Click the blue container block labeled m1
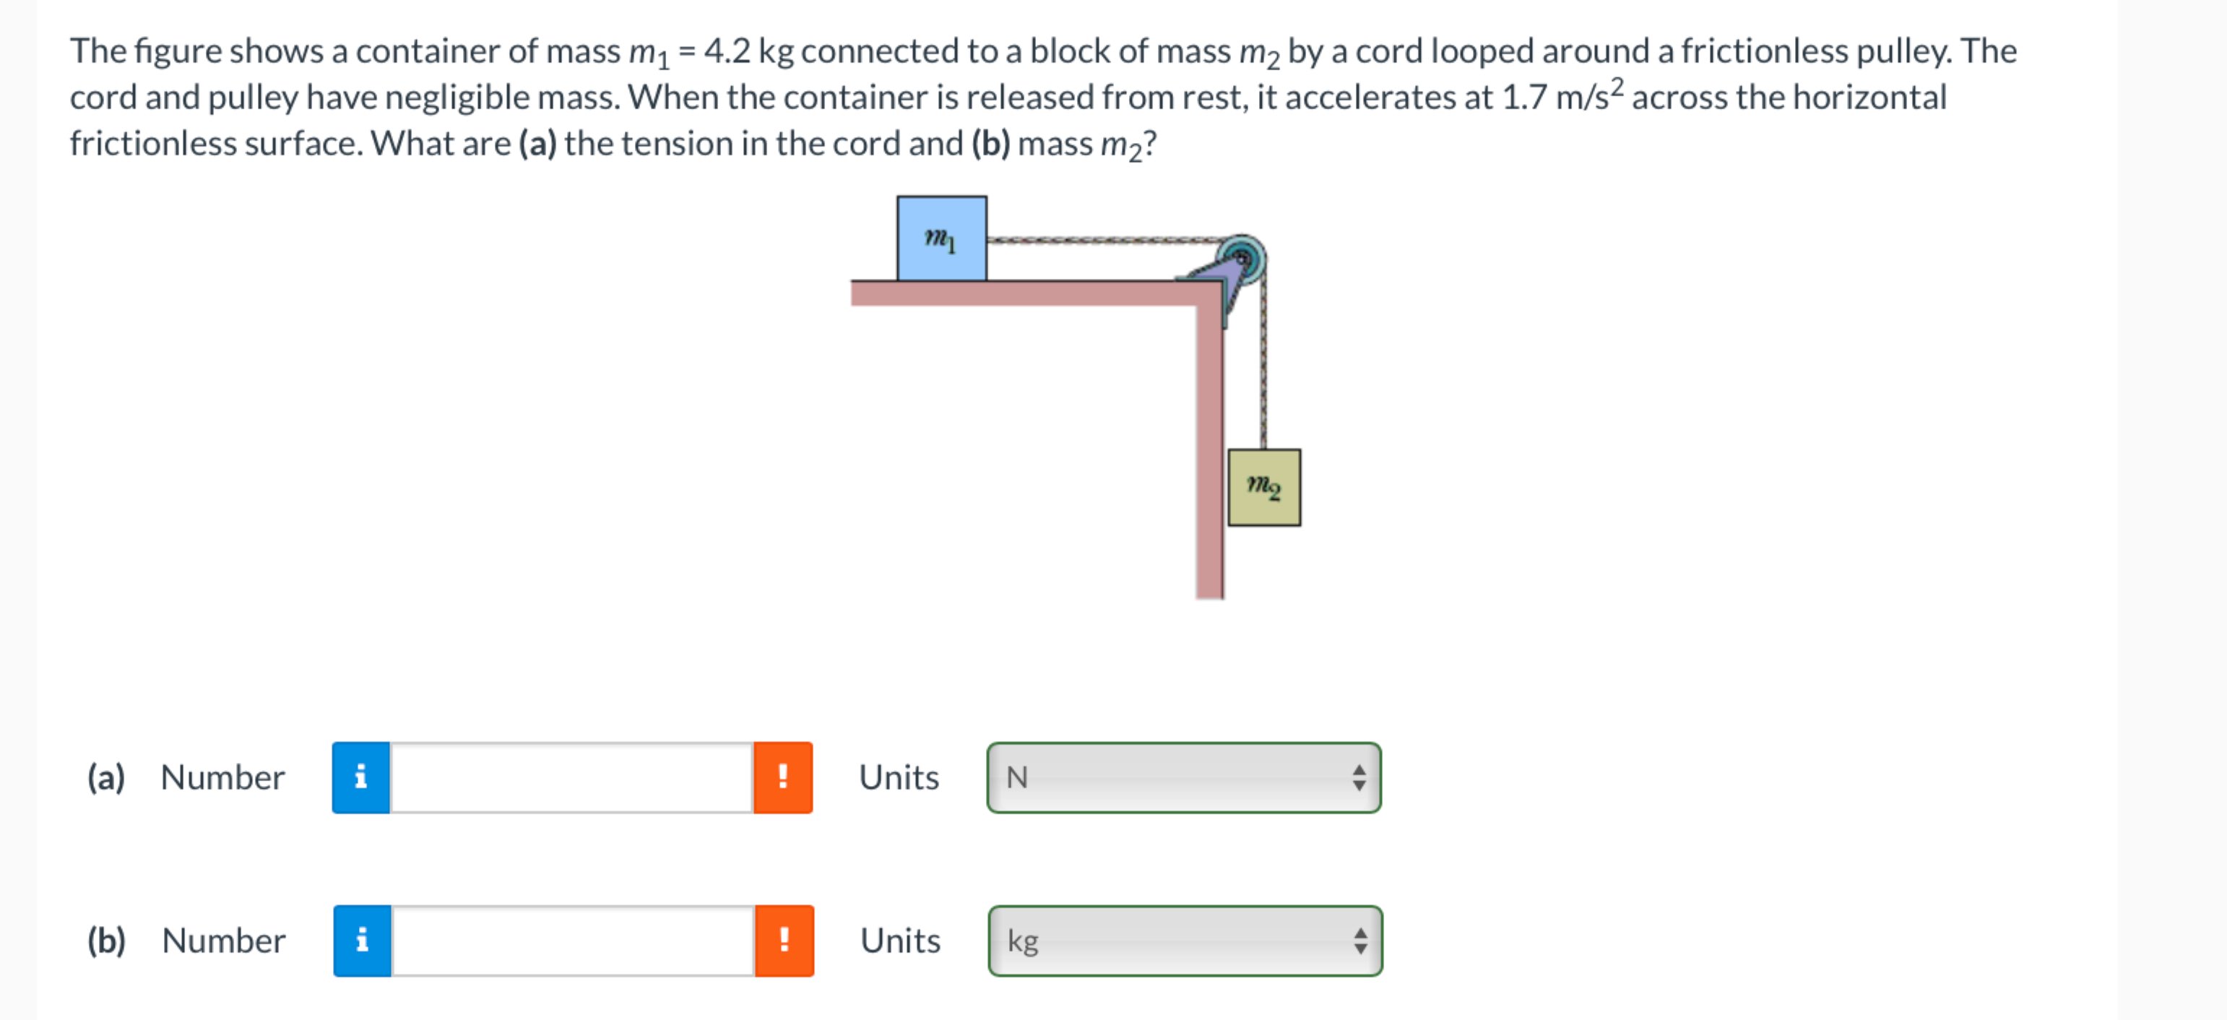(941, 238)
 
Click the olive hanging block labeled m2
(1264, 488)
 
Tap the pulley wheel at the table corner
(1242, 258)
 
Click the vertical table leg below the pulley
(1209, 449)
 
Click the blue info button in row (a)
(360, 777)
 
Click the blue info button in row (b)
(362, 941)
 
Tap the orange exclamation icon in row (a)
(782, 777)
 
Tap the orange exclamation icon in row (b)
(784, 941)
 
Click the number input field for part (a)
(571, 777)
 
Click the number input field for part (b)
(572, 941)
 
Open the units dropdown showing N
(1183, 777)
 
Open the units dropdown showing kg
(1185, 941)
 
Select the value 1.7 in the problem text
(1524, 98)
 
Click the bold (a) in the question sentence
(537, 144)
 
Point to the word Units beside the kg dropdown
(900, 941)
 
